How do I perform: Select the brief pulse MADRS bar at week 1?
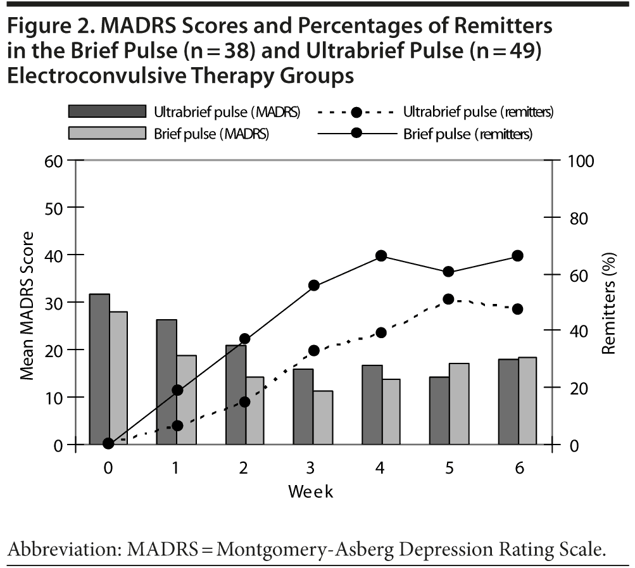pyautogui.click(x=187, y=400)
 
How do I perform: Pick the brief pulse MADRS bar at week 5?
pyautogui.click(x=458, y=404)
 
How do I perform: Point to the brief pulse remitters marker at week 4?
pyautogui.click(x=381, y=256)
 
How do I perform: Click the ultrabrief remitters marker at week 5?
pyautogui.click(x=449, y=299)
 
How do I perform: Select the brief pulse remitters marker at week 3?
pyautogui.click(x=313, y=286)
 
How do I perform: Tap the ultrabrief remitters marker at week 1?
pyautogui.click(x=177, y=426)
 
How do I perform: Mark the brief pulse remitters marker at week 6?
pyautogui.click(x=517, y=256)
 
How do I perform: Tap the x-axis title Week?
pyautogui.click(x=311, y=491)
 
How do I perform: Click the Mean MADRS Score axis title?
pyautogui.click(x=28, y=304)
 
